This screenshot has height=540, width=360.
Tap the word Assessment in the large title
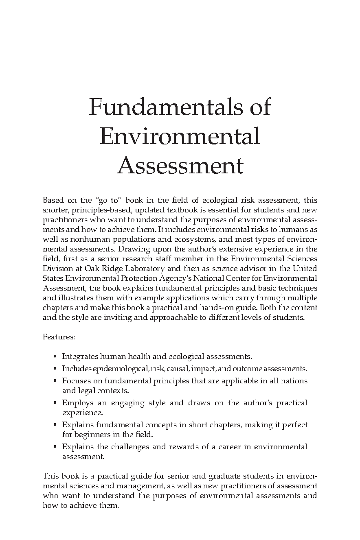(180, 166)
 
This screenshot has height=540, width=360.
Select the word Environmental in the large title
(180, 136)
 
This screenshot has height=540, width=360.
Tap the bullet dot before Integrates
(55, 357)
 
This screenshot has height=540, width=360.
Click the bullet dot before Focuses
(55, 381)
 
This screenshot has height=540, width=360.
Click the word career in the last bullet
(230, 447)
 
